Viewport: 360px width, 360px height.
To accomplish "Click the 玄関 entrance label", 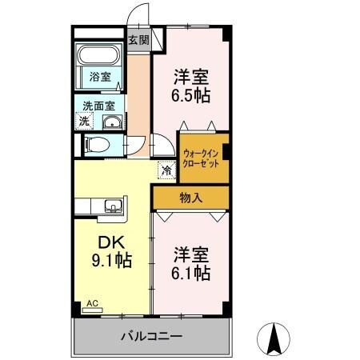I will point(138,38).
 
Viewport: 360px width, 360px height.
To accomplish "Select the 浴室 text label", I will point(99,78).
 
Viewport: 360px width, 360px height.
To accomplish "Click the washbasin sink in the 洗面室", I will point(111,122).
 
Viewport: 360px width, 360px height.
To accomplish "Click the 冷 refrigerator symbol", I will point(166,170).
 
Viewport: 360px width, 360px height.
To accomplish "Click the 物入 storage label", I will point(190,196).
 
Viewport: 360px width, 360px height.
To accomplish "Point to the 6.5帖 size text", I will point(192,95).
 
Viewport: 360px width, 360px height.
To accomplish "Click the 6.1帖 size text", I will point(192,273).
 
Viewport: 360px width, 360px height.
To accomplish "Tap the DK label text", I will point(110,242).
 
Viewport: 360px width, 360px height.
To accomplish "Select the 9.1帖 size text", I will point(110,262).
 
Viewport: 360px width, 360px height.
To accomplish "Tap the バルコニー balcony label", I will point(152,337).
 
